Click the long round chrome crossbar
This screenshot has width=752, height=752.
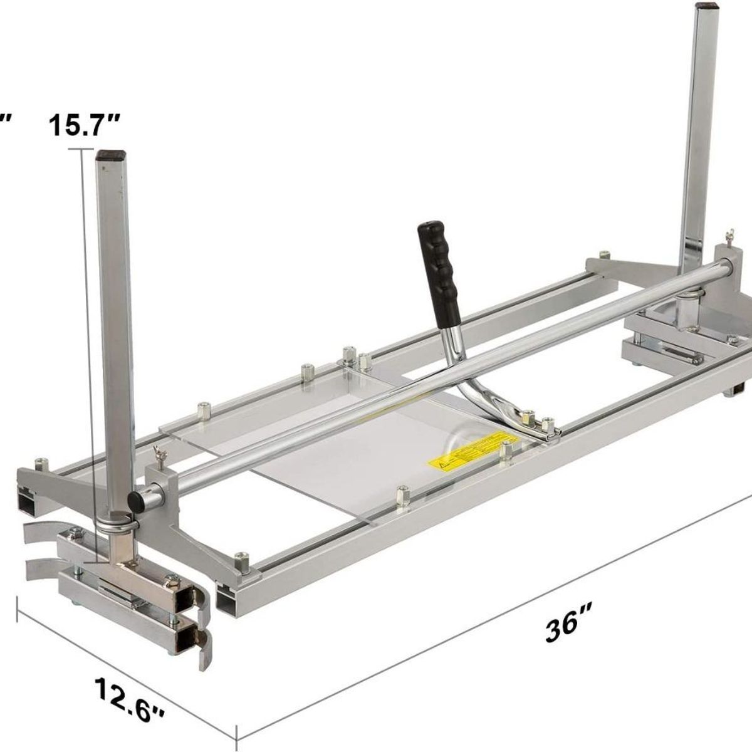point(439,376)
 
